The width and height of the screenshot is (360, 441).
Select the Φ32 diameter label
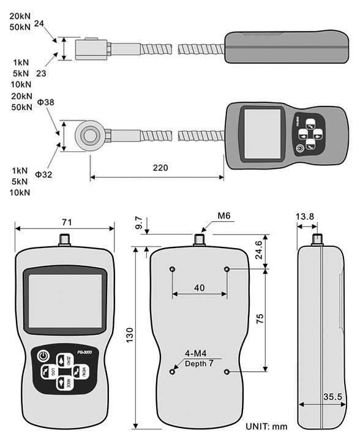(43, 175)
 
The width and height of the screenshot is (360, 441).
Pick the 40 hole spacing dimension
(199, 287)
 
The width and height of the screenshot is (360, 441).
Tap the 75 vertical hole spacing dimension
(260, 320)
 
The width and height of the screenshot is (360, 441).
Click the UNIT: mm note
(266, 426)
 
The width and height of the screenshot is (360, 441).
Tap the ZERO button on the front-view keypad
(62, 361)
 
